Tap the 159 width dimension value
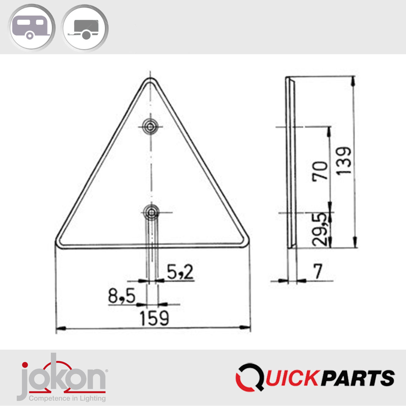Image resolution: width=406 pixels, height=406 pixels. [154, 318]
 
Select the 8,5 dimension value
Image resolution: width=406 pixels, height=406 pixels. [122, 296]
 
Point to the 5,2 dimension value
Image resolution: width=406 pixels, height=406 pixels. [180, 272]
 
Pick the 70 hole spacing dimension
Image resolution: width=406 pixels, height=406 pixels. [320, 171]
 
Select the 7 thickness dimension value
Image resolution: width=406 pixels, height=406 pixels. [318, 271]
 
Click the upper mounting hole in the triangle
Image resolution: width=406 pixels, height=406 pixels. [150, 126]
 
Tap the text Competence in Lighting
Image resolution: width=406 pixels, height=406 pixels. [67, 398]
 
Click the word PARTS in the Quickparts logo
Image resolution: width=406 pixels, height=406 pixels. [358, 378]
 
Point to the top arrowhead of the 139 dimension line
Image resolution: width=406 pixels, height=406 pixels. [353, 80]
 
